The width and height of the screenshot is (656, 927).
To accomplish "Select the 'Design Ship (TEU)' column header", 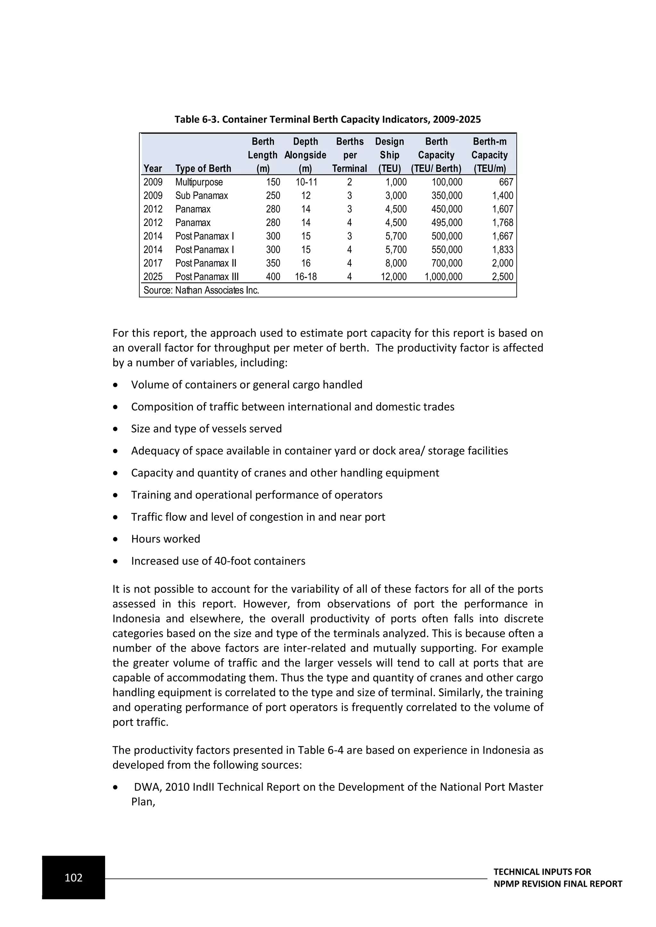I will (389, 155).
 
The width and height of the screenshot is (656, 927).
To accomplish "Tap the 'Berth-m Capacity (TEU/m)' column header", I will (489, 155).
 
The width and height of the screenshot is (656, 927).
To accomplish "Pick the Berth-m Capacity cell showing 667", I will (506, 182).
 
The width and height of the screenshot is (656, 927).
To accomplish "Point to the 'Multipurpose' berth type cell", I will (199, 182).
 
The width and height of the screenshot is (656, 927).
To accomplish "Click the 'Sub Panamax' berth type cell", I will (201, 196).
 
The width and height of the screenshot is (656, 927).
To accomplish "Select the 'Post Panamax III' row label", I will (207, 277).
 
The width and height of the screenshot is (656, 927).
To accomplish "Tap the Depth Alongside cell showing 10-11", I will (306, 182).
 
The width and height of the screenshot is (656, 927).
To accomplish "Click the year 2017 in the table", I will (153, 263).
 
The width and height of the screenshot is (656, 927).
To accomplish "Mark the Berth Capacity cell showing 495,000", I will (447, 223).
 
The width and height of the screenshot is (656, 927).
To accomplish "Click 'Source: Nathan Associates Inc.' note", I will (201, 290).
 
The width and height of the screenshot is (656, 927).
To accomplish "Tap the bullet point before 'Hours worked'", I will (116, 539).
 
